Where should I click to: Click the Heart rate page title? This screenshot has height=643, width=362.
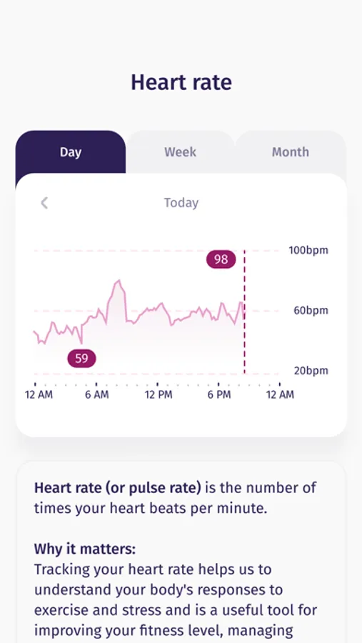[x=181, y=82]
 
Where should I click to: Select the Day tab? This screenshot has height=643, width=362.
[x=71, y=152]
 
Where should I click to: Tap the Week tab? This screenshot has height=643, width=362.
[x=180, y=152]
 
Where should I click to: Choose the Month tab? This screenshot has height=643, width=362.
[x=290, y=152]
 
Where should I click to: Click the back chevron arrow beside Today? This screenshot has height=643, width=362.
[x=44, y=203]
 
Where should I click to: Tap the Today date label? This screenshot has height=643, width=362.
[x=181, y=203]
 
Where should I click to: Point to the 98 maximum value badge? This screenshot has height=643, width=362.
[x=221, y=259]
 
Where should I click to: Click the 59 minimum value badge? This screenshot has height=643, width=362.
[x=81, y=358]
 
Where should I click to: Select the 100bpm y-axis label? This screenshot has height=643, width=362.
[x=308, y=251]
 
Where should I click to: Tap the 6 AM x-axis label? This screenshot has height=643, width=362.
[x=96, y=394]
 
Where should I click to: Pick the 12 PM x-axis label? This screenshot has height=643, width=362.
[x=158, y=394]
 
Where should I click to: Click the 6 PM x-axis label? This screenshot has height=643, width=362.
[x=219, y=394]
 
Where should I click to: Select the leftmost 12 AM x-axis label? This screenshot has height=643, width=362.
[x=39, y=394]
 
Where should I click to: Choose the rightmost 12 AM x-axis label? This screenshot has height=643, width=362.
[x=280, y=394]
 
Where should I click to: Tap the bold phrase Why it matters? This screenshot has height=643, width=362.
[x=85, y=549]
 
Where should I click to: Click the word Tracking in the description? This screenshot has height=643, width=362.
[x=65, y=570]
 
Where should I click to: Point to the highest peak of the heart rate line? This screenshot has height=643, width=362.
[x=119, y=281]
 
